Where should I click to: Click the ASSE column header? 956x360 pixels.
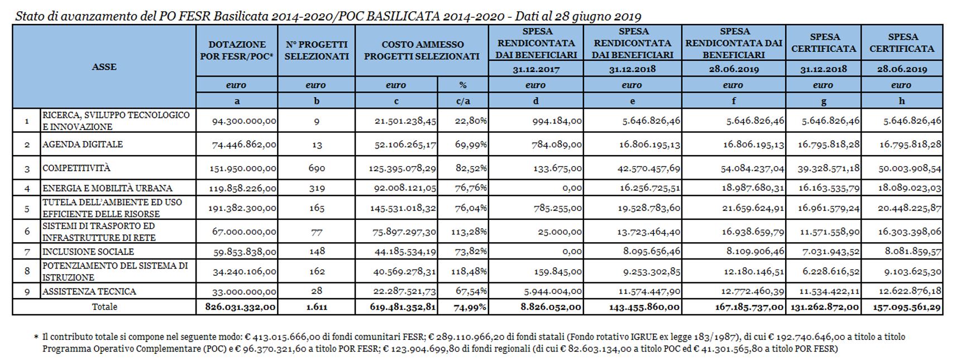(104, 67)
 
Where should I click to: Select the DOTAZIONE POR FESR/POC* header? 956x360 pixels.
(237, 50)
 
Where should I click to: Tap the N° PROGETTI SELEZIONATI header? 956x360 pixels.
(316, 50)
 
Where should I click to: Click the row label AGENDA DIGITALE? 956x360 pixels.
(83, 145)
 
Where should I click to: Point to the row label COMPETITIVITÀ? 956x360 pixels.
(77, 168)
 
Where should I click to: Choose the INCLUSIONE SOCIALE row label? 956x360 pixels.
(88, 252)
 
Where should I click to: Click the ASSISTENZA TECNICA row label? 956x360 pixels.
(89, 291)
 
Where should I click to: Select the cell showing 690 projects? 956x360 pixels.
(316, 168)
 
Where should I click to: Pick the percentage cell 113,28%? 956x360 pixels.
(471, 232)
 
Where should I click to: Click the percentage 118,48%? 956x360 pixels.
(471, 272)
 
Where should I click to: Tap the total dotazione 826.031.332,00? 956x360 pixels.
(240, 307)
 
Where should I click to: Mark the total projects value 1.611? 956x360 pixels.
(317, 307)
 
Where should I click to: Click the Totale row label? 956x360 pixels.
(104, 307)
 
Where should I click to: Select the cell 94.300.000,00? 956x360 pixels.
(244, 121)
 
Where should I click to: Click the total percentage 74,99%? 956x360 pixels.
(471, 307)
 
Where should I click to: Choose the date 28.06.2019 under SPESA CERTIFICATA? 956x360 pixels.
(901, 69)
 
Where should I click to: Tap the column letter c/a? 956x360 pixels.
(463, 101)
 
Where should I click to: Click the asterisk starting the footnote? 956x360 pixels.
(36, 338)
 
